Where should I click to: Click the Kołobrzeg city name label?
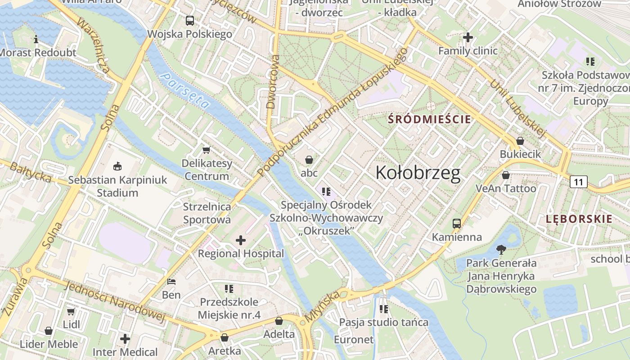pos(418,173)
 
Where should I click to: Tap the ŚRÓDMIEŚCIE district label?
pos(429,119)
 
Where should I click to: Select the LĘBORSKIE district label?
pos(579,219)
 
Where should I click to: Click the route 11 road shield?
pos(578,182)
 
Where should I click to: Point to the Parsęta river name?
pos(185,90)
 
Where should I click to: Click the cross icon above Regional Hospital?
pos(241,240)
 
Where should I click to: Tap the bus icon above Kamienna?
pos(456,223)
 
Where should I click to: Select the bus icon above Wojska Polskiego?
pos(190,20)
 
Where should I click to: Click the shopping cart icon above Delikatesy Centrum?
pos(207,150)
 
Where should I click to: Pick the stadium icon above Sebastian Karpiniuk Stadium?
pos(117,166)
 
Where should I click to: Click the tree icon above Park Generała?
pos(500,249)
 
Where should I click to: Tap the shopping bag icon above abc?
pos(309,160)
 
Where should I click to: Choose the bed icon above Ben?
pos(171,282)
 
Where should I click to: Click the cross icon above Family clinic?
pos(468,37)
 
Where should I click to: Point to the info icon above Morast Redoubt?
pos(36,40)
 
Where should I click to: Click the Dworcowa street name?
pos(273,82)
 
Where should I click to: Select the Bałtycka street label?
pos(31,173)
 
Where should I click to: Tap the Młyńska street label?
pos(322,307)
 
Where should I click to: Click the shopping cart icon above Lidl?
pos(71,311)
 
